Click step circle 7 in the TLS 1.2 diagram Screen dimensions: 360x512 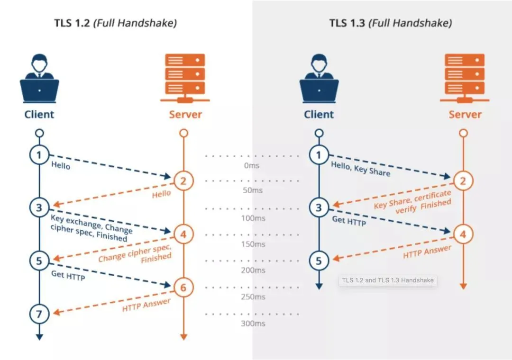click(x=39, y=313)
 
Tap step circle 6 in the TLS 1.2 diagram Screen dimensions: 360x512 click(x=184, y=287)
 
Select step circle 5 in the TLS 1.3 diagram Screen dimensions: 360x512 click(x=319, y=261)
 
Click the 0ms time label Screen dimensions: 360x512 click(x=252, y=166)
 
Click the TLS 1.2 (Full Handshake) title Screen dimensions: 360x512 click(x=115, y=23)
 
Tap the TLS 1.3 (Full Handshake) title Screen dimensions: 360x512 click(x=390, y=23)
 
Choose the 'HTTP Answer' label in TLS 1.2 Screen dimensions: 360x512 click(x=146, y=305)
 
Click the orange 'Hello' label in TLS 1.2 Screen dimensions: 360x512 click(x=161, y=194)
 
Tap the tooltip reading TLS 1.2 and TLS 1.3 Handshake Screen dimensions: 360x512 click(x=387, y=280)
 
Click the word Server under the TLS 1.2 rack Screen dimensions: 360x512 click(x=185, y=114)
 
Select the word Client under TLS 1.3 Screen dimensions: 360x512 click(x=319, y=114)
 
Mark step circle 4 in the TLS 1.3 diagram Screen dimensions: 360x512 click(x=463, y=233)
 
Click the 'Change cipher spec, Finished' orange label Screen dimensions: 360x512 click(x=135, y=254)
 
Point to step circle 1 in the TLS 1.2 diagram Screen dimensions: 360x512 click(x=39, y=155)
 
